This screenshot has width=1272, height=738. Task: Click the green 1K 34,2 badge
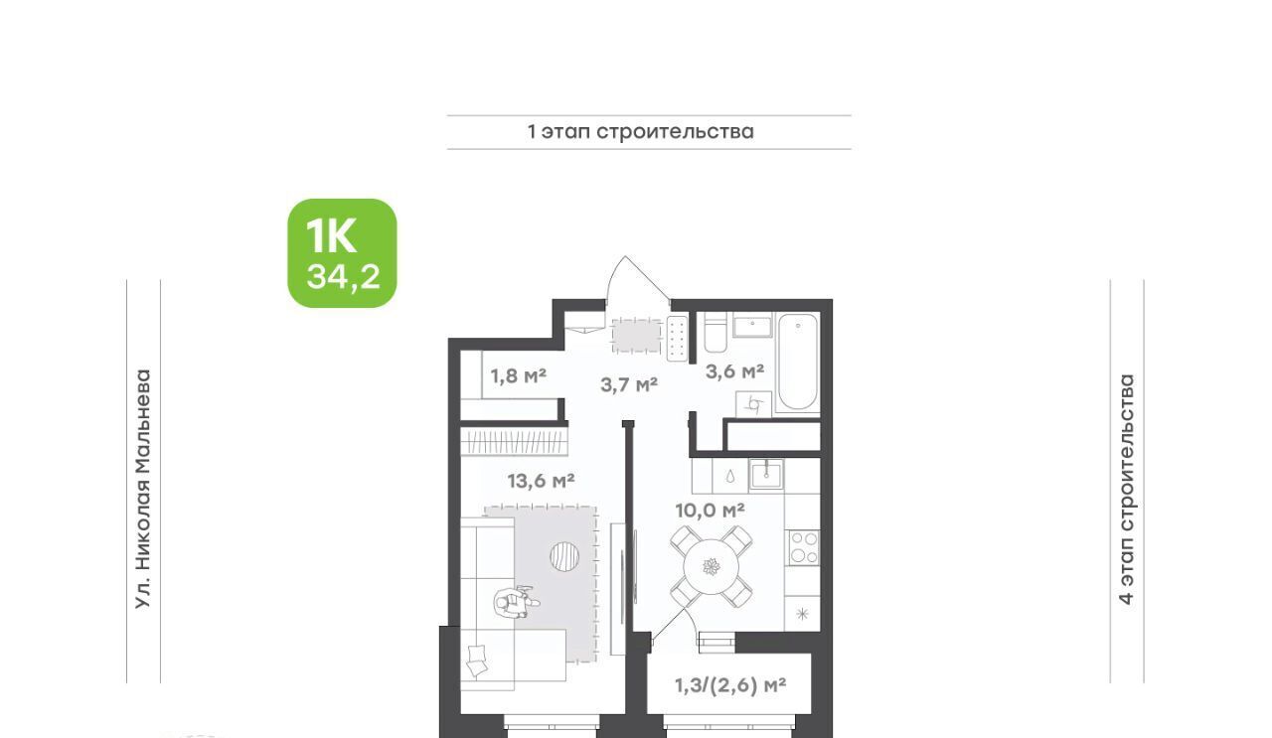click(x=342, y=253)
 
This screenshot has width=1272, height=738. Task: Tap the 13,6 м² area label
click(x=541, y=482)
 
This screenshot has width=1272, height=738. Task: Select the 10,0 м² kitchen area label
click(x=710, y=511)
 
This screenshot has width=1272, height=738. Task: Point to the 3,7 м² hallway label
click(x=629, y=385)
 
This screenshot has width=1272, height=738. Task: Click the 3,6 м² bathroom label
click(x=734, y=371)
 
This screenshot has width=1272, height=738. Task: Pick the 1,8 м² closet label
click(x=519, y=375)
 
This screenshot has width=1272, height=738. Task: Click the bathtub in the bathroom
click(x=798, y=362)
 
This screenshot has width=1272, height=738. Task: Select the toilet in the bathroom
click(x=715, y=334)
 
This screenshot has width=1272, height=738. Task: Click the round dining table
click(x=711, y=566)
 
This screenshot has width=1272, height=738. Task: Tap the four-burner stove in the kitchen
click(x=802, y=547)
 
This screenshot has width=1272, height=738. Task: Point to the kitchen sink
click(x=766, y=475)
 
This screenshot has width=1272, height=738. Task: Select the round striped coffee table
click(x=565, y=556)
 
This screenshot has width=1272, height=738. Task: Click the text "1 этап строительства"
click(x=641, y=132)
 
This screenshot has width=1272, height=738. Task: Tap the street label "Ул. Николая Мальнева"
click(x=144, y=490)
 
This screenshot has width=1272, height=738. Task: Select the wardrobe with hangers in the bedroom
click(x=514, y=442)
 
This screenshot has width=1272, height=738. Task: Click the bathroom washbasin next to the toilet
click(x=752, y=327)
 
